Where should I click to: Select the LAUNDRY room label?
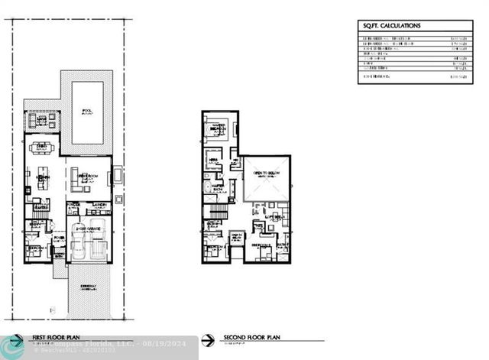(x=100, y=205)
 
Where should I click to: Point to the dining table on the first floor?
(x=42, y=148)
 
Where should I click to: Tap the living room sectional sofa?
(x=79, y=180)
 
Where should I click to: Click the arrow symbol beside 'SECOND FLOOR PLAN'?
(x=207, y=340)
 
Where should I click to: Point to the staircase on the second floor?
(x=219, y=210)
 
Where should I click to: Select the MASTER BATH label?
(x=218, y=186)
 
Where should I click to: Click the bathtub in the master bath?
(x=207, y=186)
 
